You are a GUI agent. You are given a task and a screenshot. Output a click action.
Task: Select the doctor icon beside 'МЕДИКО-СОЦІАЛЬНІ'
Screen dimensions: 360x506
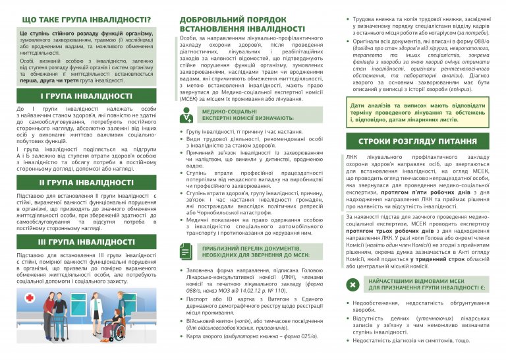pyautogui.click(x=187, y=116)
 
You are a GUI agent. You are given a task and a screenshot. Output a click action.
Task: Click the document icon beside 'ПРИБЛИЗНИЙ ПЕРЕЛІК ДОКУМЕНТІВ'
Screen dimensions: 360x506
pyautogui.click(x=187, y=253)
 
